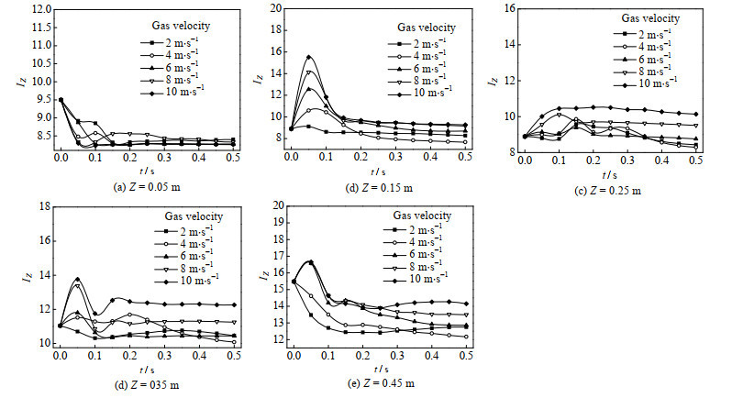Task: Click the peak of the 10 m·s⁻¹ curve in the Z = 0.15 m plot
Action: point(309,57)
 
